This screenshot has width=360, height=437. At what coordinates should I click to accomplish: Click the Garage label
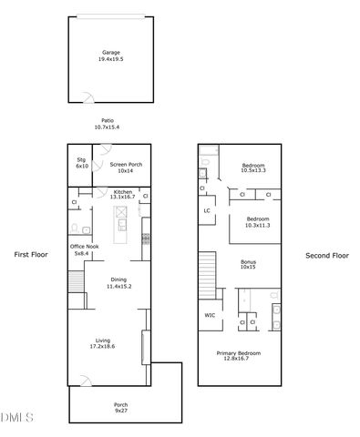[x=110, y=56]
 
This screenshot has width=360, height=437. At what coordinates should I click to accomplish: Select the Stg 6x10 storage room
[x=82, y=165]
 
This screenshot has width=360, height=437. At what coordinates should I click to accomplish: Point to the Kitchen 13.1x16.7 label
[x=122, y=194]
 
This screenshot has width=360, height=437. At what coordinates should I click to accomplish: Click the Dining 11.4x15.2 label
[x=119, y=282]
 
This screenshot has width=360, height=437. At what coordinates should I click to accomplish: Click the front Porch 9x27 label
[x=120, y=407]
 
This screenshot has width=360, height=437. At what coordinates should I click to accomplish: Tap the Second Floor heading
[x=326, y=256]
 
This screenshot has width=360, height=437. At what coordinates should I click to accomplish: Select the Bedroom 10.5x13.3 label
[x=252, y=168]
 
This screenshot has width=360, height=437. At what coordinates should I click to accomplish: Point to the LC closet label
[x=208, y=211]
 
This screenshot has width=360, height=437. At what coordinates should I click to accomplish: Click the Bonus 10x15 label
[x=248, y=264]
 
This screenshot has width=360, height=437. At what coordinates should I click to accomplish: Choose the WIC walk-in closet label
[x=210, y=316]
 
